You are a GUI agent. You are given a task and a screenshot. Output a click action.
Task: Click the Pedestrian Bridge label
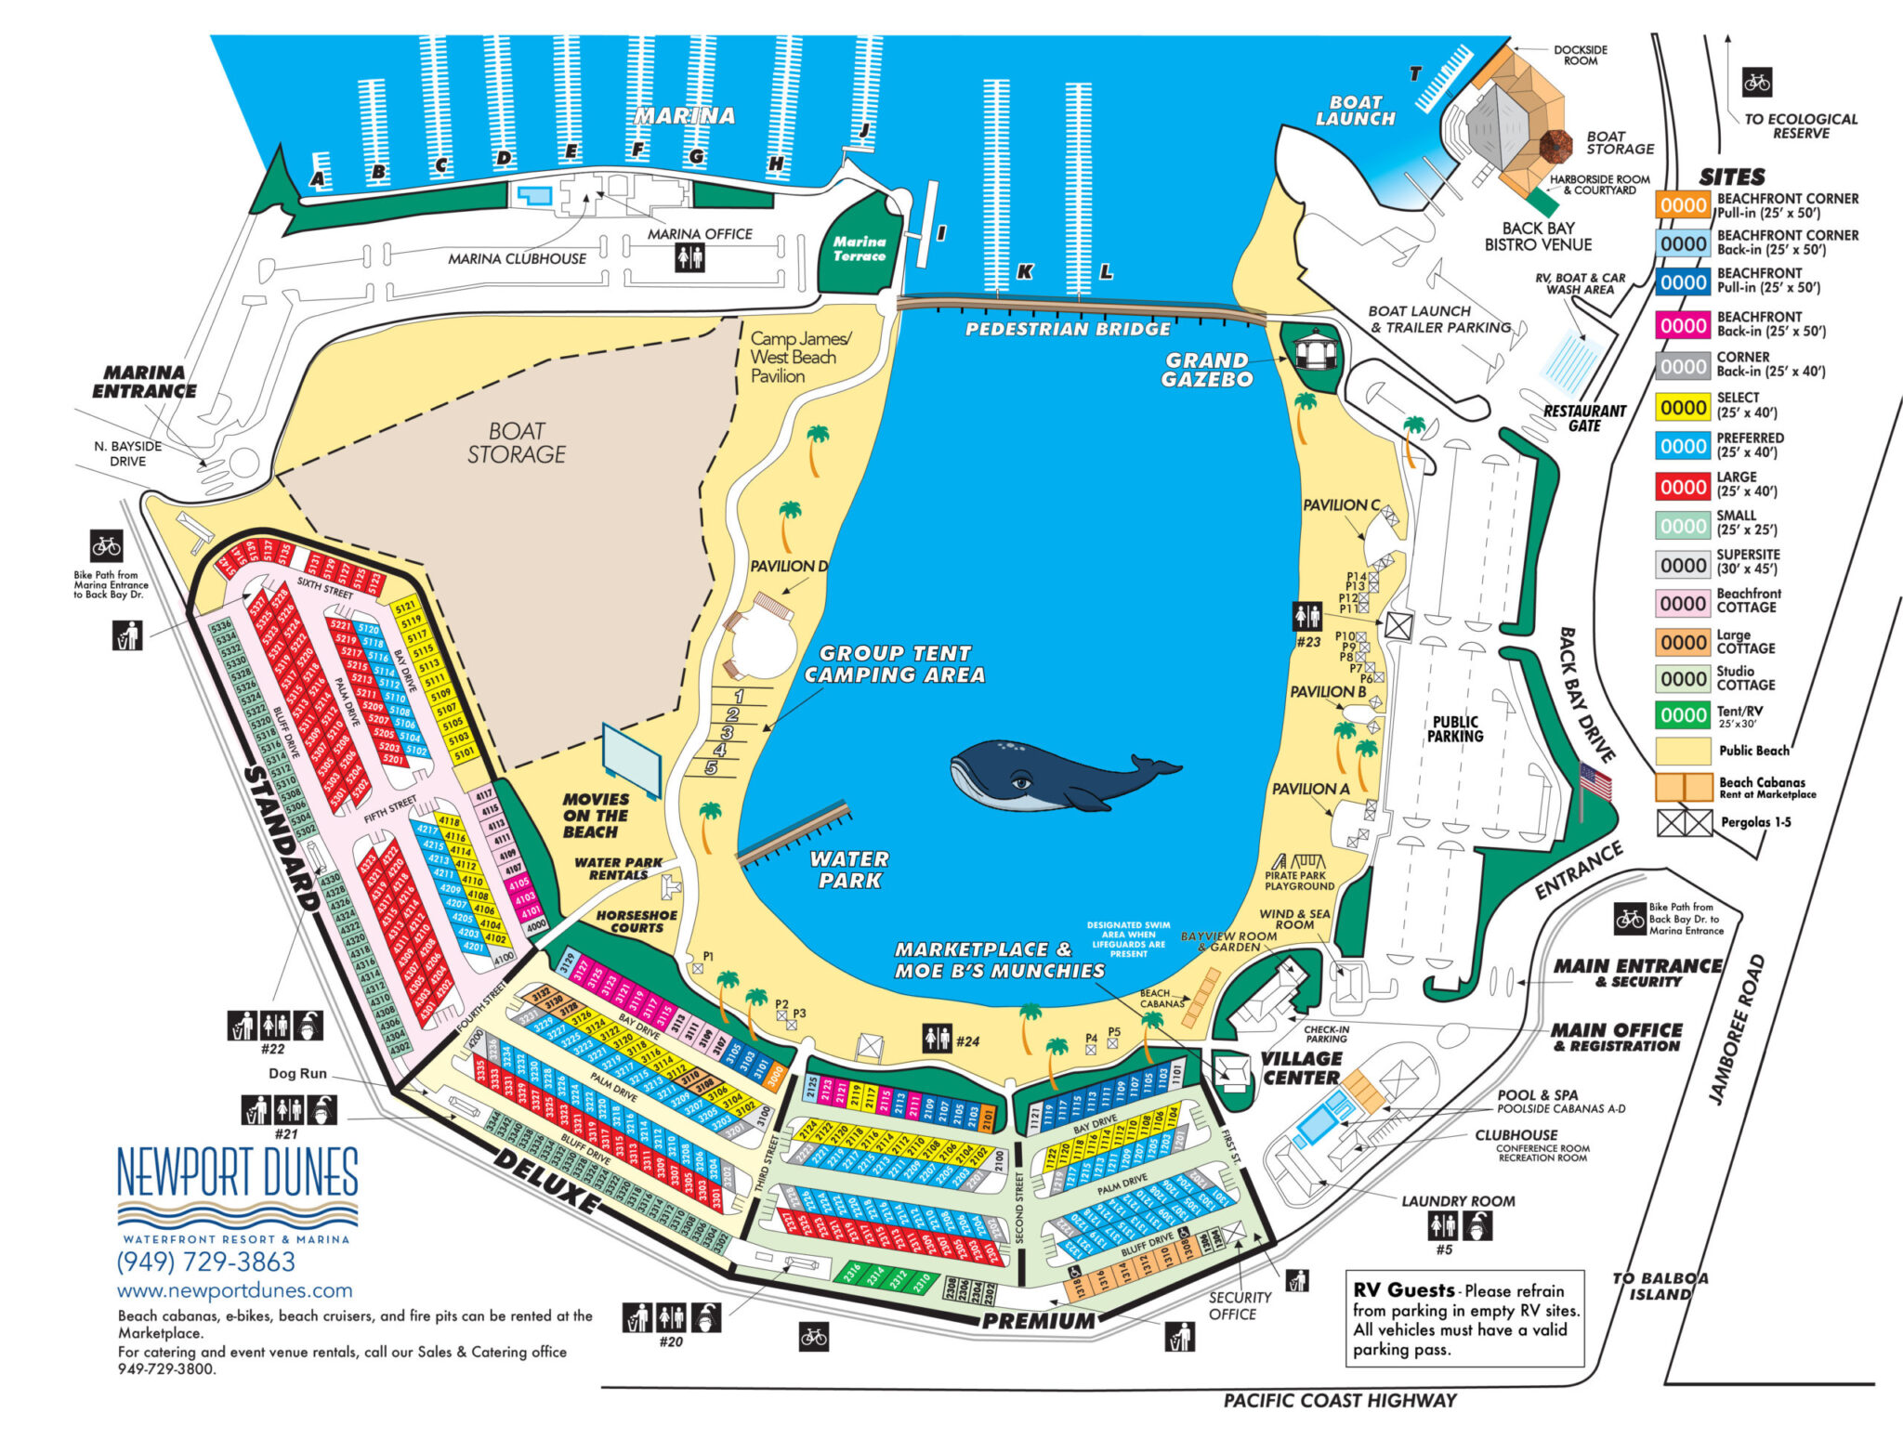tap(1068, 329)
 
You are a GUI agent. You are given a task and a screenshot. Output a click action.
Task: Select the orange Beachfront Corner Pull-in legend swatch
tap(1683, 205)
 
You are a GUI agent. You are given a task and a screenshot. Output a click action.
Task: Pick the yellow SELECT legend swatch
tap(1683, 407)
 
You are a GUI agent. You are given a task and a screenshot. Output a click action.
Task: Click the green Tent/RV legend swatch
tap(1683, 715)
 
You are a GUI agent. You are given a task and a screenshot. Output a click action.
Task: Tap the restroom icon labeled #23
tap(1307, 615)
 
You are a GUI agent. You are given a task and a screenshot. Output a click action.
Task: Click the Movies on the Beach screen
tap(632, 760)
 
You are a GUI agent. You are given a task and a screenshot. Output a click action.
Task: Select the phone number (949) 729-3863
tap(205, 1262)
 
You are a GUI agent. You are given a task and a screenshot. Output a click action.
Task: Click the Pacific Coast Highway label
tap(1339, 1400)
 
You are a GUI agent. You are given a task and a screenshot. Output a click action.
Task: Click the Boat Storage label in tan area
tap(517, 443)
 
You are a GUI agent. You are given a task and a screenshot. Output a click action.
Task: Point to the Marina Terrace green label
tap(859, 248)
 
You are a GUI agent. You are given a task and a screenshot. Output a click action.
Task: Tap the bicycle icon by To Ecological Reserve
tap(1756, 83)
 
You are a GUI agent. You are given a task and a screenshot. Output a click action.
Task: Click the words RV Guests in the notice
tap(1403, 1290)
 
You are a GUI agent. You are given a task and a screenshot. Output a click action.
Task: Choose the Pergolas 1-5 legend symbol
tap(1684, 823)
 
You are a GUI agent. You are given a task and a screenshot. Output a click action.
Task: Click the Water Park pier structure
tap(794, 832)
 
